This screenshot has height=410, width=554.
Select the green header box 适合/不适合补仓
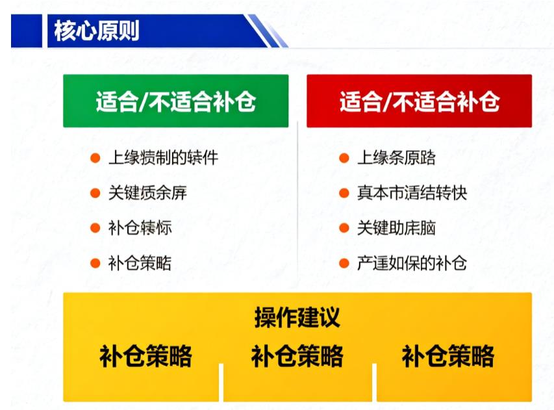(175, 101)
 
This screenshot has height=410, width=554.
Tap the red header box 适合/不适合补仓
(419, 101)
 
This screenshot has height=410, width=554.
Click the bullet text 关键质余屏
(147, 193)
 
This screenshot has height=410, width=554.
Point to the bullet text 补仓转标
(140, 228)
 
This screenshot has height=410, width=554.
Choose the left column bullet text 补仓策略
(140, 263)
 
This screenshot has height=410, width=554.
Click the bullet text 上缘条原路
(396, 158)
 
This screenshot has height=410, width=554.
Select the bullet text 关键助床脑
(396, 228)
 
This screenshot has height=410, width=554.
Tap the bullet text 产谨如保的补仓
(412, 263)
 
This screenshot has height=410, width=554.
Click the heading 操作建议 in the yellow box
(297, 318)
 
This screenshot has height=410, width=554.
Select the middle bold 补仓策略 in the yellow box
(297, 356)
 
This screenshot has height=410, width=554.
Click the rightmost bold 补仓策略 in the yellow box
(448, 356)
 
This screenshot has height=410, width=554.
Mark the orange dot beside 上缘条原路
(344, 158)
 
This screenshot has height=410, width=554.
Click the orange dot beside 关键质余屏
(95, 193)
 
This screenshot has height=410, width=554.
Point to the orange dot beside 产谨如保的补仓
(344, 263)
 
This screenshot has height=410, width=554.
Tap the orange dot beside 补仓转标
(95, 228)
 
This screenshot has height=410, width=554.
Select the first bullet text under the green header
(163, 158)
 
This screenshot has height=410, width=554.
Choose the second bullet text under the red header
(412, 193)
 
